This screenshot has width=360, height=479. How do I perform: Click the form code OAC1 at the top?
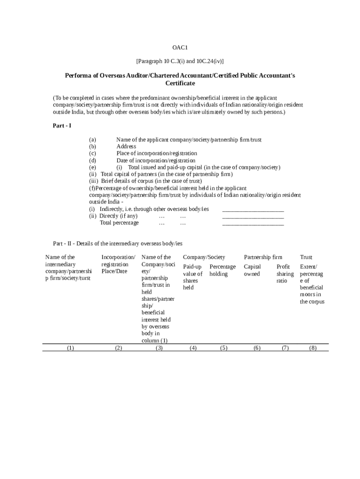point(180,48)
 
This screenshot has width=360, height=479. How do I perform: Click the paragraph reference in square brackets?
point(180,61)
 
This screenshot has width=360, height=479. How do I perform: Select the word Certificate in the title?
point(180,83)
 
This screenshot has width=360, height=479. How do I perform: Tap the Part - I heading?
point(62,126)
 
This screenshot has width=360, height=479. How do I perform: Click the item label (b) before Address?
point(93,146)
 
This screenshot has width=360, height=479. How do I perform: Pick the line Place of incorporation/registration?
point(157,153)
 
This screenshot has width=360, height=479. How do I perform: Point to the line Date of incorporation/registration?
point(156,160)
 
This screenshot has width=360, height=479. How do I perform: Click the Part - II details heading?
point(118,244)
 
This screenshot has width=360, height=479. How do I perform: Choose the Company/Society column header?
point(204,257)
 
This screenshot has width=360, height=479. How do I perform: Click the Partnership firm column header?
point(263,257)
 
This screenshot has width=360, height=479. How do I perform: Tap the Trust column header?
point(306,257)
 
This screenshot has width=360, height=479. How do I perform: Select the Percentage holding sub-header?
point(223,270)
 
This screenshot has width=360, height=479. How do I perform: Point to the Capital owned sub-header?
point(252,270)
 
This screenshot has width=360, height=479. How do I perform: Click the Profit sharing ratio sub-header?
point(285,274)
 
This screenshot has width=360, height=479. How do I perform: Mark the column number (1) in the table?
point(71,348)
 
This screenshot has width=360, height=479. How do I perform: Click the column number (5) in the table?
point(223,348)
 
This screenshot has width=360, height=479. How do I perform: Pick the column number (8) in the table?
point(313,348)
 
